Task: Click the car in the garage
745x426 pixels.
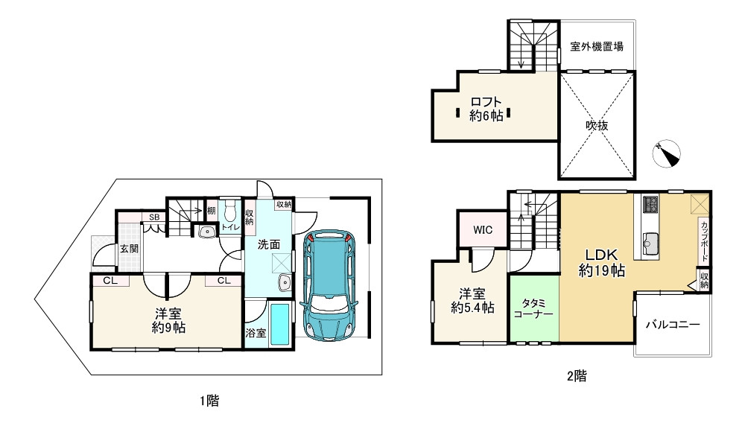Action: [x=329, y=285]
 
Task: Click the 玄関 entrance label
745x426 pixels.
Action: [x=129, y=249]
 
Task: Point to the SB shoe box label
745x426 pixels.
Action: [x=154, y=217]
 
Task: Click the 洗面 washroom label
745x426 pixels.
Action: [x=269, y=244]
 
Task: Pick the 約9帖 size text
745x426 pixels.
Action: [x=168, y=327]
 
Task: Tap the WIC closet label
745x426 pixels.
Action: [x=483, y=230]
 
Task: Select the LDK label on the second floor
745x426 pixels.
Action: [x=601, y=255]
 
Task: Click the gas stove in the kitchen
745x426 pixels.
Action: [x=650, y=205]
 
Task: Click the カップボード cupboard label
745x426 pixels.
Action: [x=704, y=241]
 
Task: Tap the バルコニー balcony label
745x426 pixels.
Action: [x=672, y=325]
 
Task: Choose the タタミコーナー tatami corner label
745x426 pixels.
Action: [x=533, y=308]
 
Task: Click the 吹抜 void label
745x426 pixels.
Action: [x=597, y=125]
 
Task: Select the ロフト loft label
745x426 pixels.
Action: [x=486, y=102]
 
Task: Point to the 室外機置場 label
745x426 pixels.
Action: [x=597, y=46]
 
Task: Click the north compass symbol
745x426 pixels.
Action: [x=667, y=154]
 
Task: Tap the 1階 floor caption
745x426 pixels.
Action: [x=209, y=401]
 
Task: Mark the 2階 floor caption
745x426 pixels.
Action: [x=577, y=376]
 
